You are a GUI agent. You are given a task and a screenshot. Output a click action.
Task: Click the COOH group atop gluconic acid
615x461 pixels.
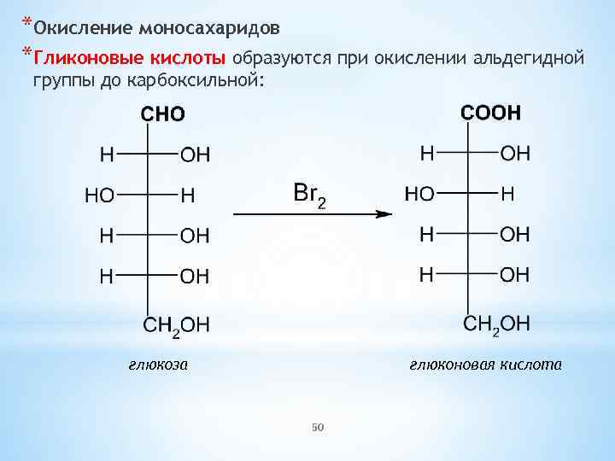pyautogui.click(x=490, y=113)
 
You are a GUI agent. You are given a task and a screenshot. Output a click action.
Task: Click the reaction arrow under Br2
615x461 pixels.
pyautogui.click(x=312, y=215)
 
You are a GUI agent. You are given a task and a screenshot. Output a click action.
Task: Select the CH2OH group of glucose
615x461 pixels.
pyautogui.click(x=175, y=325)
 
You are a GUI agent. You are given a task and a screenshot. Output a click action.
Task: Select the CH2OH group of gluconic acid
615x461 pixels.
pyautogui.click(x=496, y=323)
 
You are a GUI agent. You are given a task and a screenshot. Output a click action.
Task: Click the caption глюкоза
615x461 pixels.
pyautogui.click(x=158, y=365)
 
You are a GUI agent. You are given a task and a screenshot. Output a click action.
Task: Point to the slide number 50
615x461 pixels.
pyautogui.click(x=319, y=426)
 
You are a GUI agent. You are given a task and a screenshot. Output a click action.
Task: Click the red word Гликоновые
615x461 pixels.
pyautogui.click(x=81, y=58)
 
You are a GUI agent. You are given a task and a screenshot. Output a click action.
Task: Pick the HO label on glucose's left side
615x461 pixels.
pyautogui.click(x=99, y=195)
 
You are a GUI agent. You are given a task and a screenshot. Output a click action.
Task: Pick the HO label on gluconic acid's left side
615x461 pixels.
pyautogui.click(x=419, y=194)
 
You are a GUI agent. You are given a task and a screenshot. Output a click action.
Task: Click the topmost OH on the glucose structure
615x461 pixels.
pyautogui.click(x=195, y=155)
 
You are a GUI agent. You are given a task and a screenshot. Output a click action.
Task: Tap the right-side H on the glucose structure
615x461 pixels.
pyautogui.click(x=187, y=195)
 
